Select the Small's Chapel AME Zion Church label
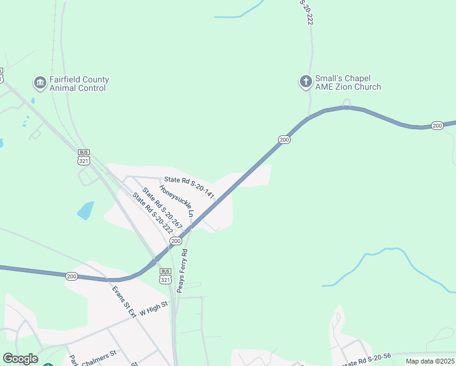347,83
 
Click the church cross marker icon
305,82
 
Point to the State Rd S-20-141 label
188,186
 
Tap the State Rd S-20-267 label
162,208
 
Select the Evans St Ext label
123,298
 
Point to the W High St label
153,310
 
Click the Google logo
20,359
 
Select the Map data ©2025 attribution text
430,361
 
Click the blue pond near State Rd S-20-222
86,210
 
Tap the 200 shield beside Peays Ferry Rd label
176,242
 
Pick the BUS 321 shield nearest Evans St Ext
165,276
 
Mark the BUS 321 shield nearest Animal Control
84,157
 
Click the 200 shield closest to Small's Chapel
284,140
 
